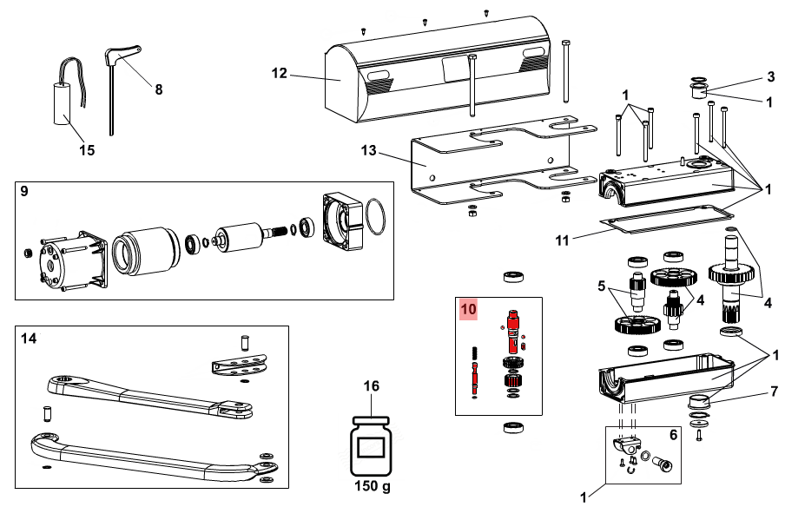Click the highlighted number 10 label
(x=469, y=309)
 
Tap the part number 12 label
(x=279, y=74)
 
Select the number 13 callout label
(x=370, y=151)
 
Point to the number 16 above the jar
(x=371, y=386)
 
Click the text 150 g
(x=372, y=486)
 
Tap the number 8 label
(x=158, y=89)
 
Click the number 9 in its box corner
(x=24, y=192)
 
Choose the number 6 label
(x=672, y=434)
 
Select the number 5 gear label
(x=600, y=285)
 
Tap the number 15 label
(x=87, y=150)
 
